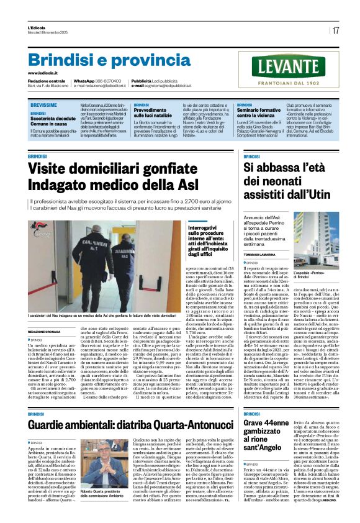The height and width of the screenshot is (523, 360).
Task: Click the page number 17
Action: (335, 30)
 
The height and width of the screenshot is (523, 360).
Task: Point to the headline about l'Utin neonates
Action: (283, 181)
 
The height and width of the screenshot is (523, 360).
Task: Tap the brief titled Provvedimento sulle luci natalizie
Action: (122, 112)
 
